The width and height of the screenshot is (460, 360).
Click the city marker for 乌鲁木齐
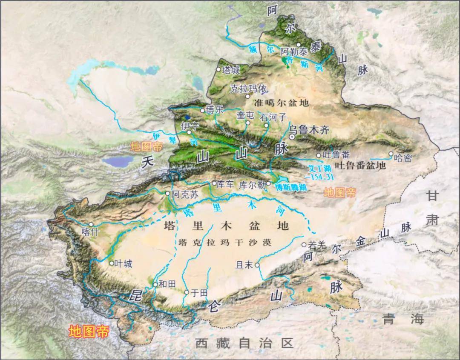pos(292,137)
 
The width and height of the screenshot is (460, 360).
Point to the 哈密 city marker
pos(391,154)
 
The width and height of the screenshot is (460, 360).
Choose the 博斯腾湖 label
pos(290,187)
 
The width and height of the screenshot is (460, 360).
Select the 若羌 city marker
pos(304,244)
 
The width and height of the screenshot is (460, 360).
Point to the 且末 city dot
pos(257,265)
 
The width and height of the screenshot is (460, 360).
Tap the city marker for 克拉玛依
pos(247,96)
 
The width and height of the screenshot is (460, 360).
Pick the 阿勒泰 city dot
pos(299,45)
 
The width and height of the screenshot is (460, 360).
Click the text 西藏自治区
pos(245,343)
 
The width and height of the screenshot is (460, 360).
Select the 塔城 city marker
pos(218,69)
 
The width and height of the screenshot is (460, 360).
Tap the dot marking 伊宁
pos(189,132)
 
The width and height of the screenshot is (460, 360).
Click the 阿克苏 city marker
pos(168,194)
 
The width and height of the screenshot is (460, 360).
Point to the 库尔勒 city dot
pos(268,183)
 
